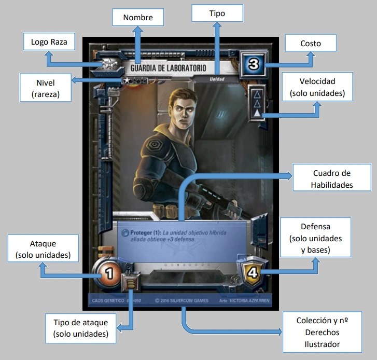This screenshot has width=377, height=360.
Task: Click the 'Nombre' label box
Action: (x=137, y=18)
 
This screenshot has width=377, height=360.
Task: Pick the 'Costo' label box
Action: (x=310, y=44)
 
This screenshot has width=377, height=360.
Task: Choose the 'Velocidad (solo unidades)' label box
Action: (x=317, y=87)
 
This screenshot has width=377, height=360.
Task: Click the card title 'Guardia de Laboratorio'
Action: (x=168, y=68)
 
